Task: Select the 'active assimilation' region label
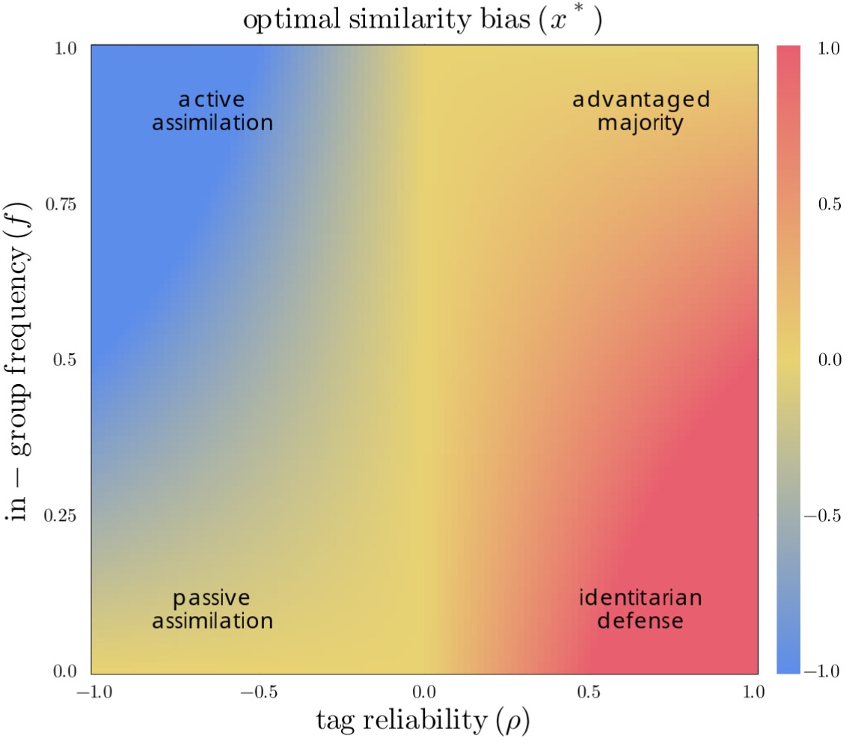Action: tap(212, 111)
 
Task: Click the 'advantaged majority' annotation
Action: tap(640, 111)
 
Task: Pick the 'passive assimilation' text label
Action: tap(212, 609)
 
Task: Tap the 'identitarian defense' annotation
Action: tap(640, 609)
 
